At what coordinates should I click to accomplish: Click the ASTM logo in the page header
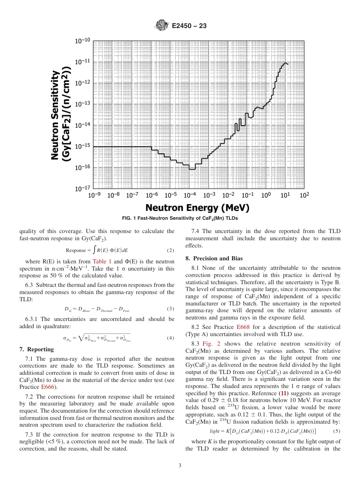161,26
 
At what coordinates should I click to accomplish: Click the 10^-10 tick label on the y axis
82,41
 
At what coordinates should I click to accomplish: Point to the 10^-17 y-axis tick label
82,188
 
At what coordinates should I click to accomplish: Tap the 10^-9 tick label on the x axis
94,195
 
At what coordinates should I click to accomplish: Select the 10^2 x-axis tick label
304,195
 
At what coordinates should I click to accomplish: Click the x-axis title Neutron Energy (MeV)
197,208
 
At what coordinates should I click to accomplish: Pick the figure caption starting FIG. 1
180,219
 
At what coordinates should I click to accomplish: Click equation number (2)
171,250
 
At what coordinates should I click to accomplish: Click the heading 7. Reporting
36,349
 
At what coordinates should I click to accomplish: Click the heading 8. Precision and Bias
214,258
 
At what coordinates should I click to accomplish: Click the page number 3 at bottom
180,466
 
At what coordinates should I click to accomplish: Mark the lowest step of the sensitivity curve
192,169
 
